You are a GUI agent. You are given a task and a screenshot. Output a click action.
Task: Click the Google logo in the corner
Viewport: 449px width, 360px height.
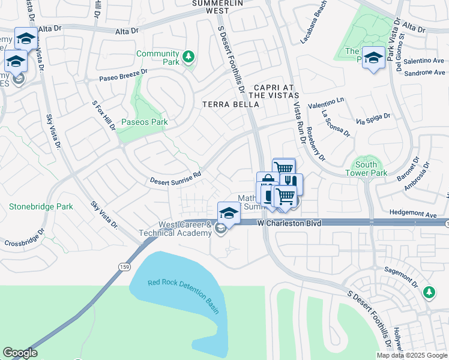[x=20, y=353]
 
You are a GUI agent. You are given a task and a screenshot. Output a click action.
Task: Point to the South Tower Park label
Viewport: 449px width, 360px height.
[x=366, y=169]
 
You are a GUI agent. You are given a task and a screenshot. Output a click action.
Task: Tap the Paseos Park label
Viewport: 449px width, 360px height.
[x=143, y=122]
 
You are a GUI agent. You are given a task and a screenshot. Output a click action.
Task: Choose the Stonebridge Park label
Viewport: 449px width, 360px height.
[x=41, y=207]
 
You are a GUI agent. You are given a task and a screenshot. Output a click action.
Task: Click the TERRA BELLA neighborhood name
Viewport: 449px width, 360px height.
[x=231, y=104]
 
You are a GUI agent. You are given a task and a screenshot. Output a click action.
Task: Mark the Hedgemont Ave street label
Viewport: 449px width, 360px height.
[x=412, y=214]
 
